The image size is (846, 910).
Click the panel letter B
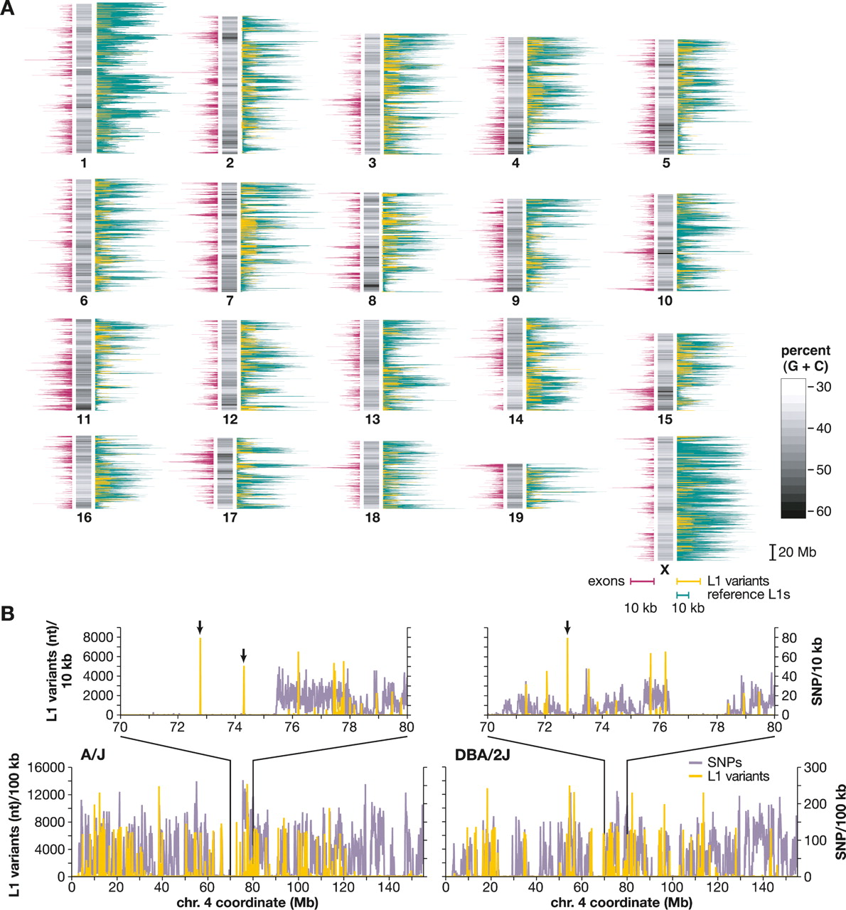9,612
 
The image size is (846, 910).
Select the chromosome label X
665,569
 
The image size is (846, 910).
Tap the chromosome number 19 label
515,518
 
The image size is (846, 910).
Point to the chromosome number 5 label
665,164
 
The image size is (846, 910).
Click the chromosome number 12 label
230,419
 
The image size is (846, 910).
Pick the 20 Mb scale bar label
797,552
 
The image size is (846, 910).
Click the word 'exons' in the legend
606,582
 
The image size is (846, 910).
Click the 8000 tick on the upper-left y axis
100,638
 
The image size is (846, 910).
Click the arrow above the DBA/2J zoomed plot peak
567,626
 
